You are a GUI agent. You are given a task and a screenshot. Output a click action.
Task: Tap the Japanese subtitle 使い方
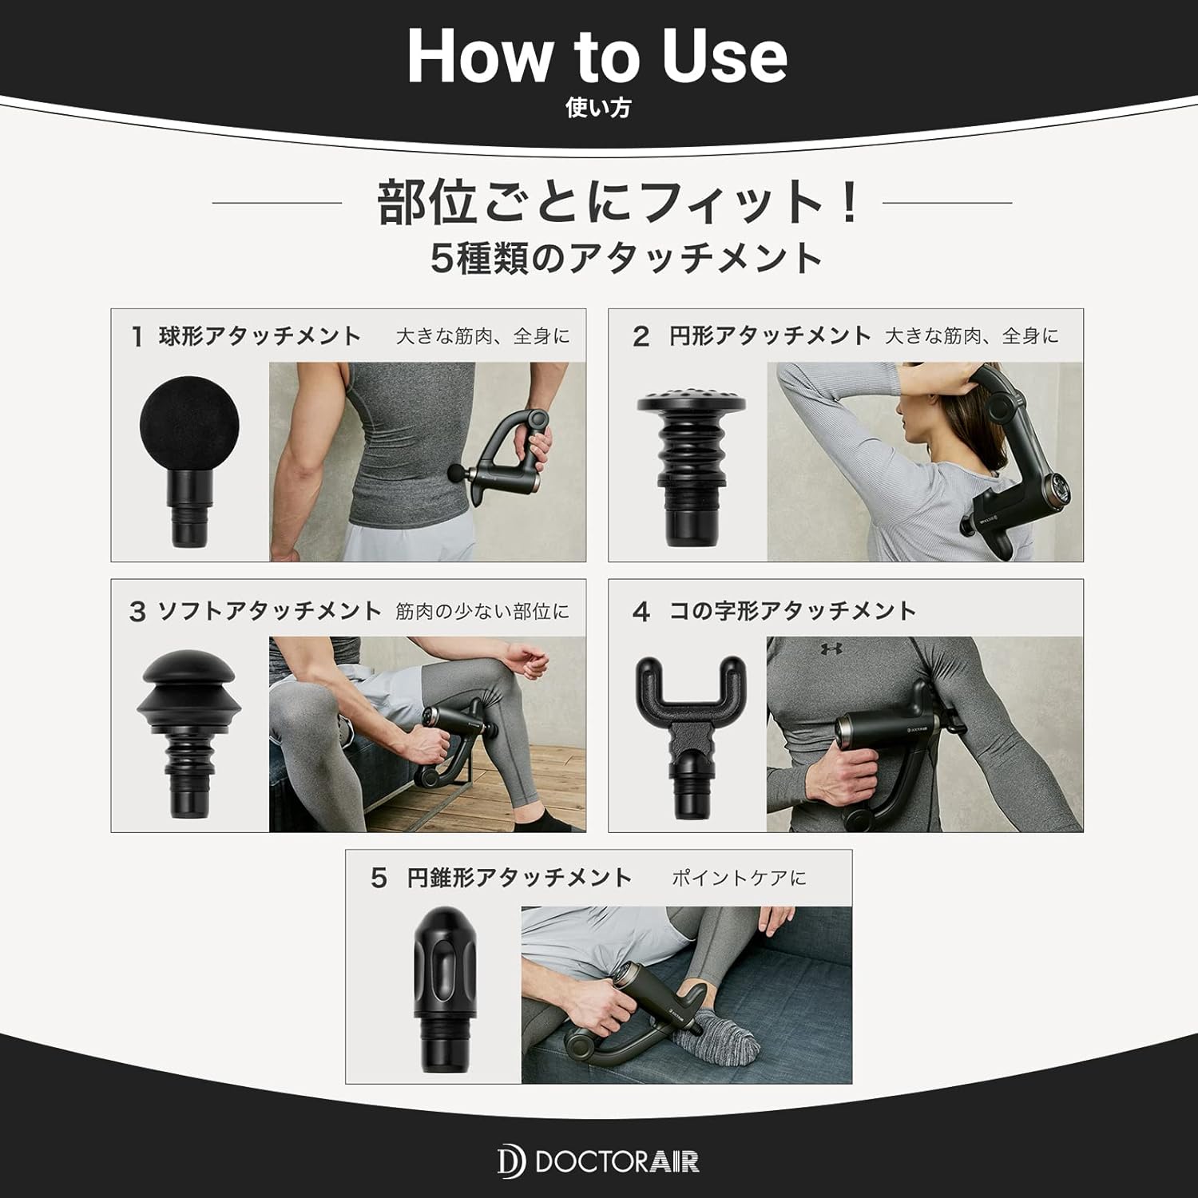[597, 109]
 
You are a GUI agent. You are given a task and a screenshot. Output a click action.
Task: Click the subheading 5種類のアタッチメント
[626, 259]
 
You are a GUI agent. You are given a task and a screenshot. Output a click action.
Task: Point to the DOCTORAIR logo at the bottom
[598, 1160]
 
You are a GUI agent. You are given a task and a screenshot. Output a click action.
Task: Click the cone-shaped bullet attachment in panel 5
[446, 994]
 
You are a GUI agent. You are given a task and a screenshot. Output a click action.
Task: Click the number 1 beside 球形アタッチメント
[137, 337]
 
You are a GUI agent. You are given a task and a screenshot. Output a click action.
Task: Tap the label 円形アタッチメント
[770, 336]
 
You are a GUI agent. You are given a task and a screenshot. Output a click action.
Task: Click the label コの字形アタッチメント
[792, 612]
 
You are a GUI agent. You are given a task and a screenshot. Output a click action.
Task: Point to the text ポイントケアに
[739, 879]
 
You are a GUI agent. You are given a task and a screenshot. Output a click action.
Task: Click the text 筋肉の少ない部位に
[482, 612]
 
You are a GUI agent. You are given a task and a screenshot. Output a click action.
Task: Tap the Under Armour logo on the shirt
[831, 649]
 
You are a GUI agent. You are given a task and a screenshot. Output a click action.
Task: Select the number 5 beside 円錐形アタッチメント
[379, 879]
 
